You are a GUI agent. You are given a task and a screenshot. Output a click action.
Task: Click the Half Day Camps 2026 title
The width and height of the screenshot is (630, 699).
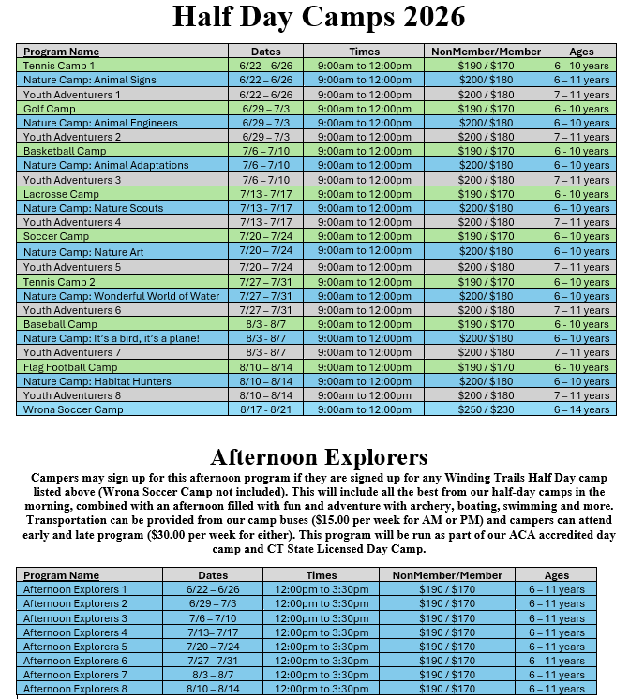click(319, 18)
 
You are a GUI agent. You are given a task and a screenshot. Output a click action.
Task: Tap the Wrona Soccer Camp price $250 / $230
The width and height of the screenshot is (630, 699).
click(486, 409)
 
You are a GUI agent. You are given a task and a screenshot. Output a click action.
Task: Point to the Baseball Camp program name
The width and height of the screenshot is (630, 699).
click(60, 324)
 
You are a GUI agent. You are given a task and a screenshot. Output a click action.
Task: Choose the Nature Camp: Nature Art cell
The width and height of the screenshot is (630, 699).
click(83, 252)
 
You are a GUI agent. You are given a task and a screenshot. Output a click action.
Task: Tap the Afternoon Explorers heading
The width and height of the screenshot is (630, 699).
click(319, 457)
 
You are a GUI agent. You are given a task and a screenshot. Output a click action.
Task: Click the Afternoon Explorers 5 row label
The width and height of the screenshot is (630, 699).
click(75, 647)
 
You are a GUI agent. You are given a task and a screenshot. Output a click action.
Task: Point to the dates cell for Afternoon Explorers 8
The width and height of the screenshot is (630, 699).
click(213, 690)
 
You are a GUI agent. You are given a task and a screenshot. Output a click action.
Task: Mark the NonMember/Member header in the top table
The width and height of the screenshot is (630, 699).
click(486, 52)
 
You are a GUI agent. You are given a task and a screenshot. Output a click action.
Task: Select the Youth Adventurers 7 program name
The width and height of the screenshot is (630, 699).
click(72, 353)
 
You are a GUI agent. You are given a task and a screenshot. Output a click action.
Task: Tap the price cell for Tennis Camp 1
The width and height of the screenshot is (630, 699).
click(486, 66)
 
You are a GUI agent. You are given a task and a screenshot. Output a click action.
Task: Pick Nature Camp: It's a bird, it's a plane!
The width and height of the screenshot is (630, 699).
click(112, 338)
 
